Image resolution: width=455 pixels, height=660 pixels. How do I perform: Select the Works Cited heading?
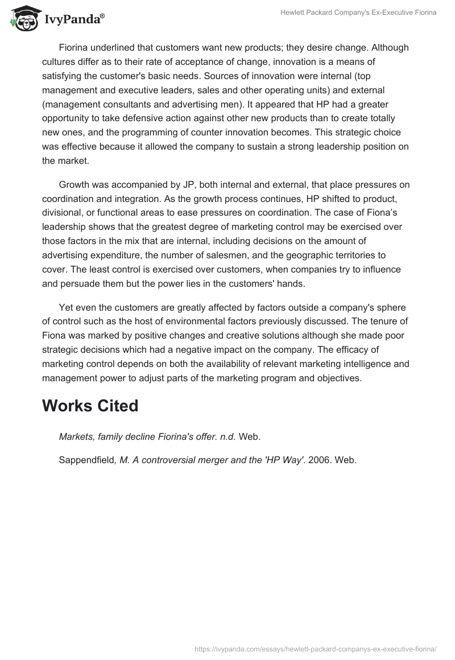coord(90,406)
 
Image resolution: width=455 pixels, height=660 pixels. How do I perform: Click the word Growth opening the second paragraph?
coord(75,184)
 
